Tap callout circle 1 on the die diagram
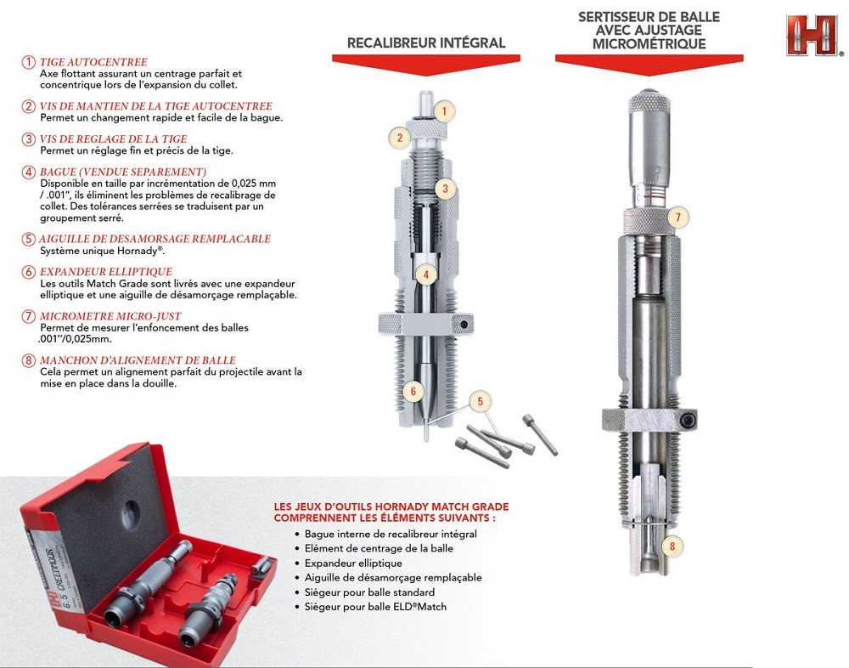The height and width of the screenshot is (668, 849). [445, 111]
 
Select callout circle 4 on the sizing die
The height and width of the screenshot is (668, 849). [426, 275]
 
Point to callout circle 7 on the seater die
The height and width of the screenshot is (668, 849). [678, 218]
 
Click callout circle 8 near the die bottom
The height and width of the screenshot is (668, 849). [672, 546]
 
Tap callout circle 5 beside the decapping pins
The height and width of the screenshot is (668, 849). [480, 402]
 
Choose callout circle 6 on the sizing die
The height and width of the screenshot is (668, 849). [413, 392]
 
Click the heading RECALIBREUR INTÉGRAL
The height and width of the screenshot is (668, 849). [426, 42]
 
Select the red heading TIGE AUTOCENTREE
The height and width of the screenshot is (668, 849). [93, 62]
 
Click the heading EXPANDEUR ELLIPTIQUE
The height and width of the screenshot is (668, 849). [106, 272]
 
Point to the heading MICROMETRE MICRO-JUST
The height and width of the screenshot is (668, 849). [110, 316]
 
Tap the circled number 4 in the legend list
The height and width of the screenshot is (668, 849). [29, 173]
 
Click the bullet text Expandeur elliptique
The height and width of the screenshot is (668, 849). [353, 563]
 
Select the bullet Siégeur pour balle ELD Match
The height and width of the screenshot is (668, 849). [375, 607]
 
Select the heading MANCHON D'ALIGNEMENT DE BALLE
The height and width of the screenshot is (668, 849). [138, 360]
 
